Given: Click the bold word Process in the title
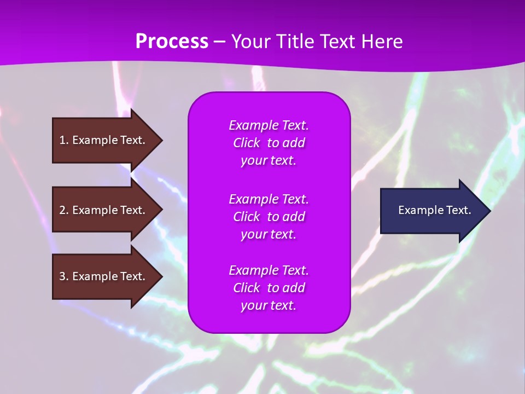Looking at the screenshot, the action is [172, 41].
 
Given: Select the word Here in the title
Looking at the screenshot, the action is [382, 41].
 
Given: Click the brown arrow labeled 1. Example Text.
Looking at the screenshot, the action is [107, 140].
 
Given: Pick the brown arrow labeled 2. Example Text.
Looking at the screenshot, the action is [107, 210].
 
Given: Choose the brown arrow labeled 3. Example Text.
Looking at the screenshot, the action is [107, 276].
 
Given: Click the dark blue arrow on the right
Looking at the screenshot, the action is [435, 211].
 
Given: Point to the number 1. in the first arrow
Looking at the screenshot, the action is [63, 140].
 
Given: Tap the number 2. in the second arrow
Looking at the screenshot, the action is [63, 210].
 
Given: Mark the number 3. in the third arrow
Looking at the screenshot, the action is [63, 276].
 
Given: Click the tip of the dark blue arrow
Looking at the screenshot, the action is [491, 211].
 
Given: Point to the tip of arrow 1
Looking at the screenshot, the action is [163, 140].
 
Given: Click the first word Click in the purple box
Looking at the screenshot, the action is [247, 143].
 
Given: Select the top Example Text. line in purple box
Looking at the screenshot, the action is [269, 125].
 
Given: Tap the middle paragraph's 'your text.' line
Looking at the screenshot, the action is [269, 235].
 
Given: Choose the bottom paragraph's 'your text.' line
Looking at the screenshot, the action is [269, 305].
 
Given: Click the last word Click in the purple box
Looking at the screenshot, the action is [247, 288].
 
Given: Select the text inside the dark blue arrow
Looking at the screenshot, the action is [435, 210].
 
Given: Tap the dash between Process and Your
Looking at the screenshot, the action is [220, 43].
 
